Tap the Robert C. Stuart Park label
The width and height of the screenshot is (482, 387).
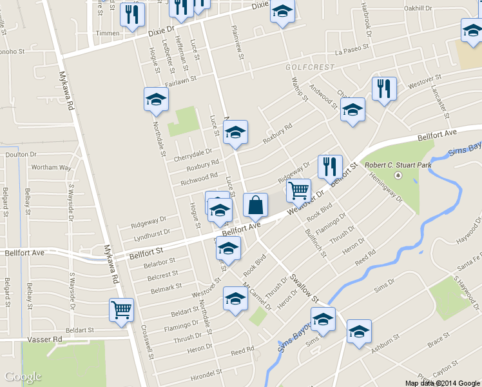[x=396, y=164]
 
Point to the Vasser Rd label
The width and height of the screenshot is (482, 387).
[x=44, y=339]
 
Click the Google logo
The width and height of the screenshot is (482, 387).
[x=23, y=377]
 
